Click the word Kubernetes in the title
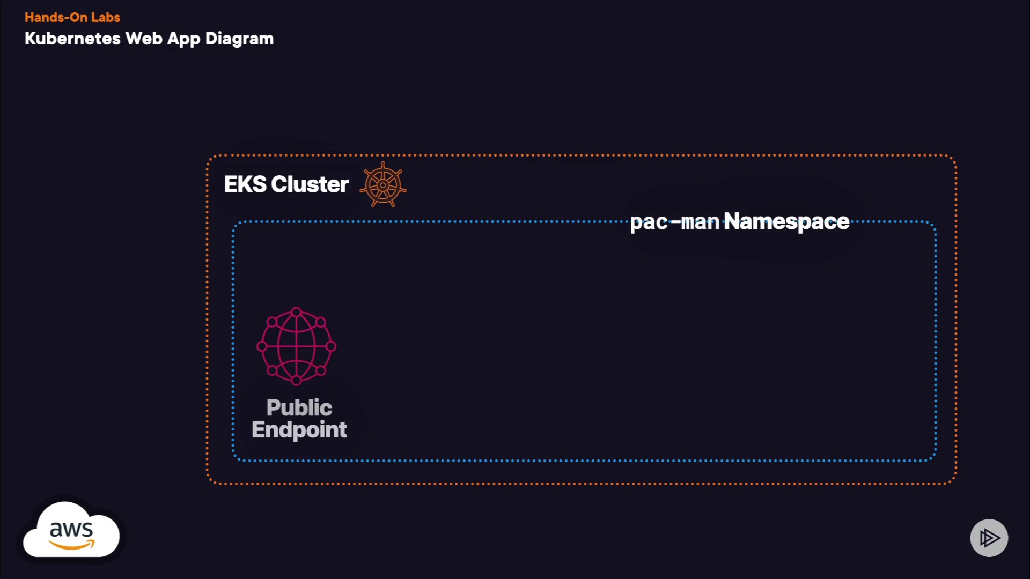pos(72,39)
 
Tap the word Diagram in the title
pos(239,39)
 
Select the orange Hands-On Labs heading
pos(72,17)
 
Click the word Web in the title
pos(144,39)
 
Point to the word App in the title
pos(183,39)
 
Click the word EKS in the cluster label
pos(245,184)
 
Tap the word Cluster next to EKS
pos(310,184)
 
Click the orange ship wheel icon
pos(383,185)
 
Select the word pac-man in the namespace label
pos(674,221)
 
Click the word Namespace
pos(786,221)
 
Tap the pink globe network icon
pos(296,346)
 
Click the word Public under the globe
pos(299,407)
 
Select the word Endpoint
pos(299,429)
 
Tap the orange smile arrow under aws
pos(72,545)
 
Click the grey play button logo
pos(989,538)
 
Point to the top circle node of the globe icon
pos(296,312)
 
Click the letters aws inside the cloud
pos(71,530)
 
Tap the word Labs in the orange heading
pos(106,17)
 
